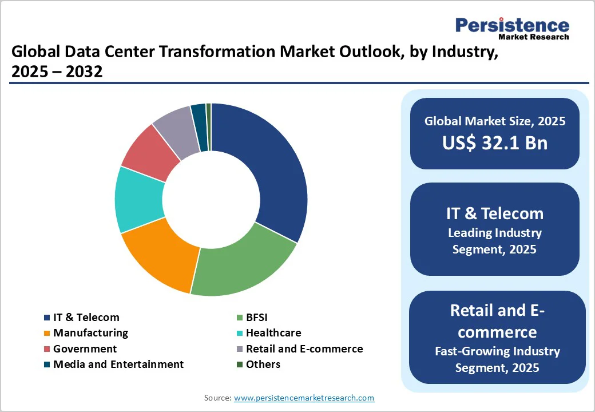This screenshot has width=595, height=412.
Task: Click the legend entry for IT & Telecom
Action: click(x=86, y=317)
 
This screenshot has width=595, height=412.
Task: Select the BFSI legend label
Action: click(x=256, y=317)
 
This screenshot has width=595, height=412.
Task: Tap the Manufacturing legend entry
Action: click(x=90, y=332)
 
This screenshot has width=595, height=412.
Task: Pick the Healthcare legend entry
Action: click(x=273, y=332)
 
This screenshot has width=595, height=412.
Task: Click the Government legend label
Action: click(x=85, y=348)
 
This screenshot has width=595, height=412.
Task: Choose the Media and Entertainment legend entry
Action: click(x=118, y=364)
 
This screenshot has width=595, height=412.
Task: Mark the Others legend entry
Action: click(x=263, y=364)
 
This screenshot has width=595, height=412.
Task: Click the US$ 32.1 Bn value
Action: click(x=495, y=142)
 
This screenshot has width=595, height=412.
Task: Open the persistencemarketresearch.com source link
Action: click(x=304, y=398)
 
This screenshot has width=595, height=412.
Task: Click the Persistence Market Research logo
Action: click(x=512, y=27)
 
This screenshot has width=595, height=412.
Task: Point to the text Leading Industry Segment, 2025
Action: click(x=495, y=241)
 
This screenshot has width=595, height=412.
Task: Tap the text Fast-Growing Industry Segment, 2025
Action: click(x=497, y=359)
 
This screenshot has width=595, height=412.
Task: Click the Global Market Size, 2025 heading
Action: click(x=495, y=121)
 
